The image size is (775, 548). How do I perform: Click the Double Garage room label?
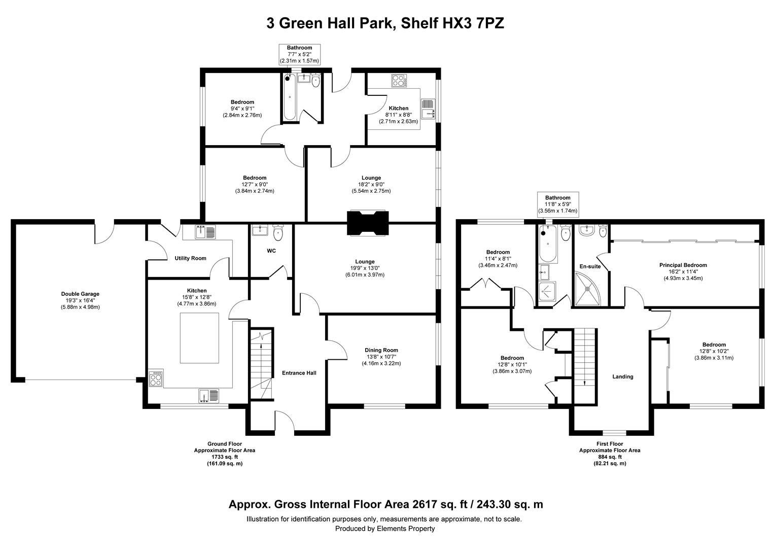pyautogui.click(x=80, y=294)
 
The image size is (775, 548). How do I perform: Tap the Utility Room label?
pyautogui.click(x=190, y=258)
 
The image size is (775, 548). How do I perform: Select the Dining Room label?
pyautogui.click(x=381, y=350)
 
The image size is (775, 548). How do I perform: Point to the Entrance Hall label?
pyautogui.click(x=299, y=373)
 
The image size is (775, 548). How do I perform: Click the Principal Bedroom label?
pyautogui.click(x=683, y=265)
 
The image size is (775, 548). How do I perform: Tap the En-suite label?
pyautogui.click(x=590, y=266)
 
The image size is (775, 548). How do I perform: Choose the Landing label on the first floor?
pyautogui.click(x=623, y=376)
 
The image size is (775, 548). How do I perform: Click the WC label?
pyautogui.click(x=271, y=251)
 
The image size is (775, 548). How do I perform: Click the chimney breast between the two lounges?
pyautogui.click(x=368, y=223)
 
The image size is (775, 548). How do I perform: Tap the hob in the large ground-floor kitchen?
pyautogui.click(x=156, y=378)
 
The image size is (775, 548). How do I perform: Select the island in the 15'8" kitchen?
pyautogui.click(x=199, y=338)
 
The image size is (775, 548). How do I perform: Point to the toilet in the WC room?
pyautogui.click(x=278, y=232)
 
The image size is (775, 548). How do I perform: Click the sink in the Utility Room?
pyautogui.click(x=205, y=232)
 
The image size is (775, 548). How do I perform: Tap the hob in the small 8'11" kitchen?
pyautogui.click(x=399, y=81)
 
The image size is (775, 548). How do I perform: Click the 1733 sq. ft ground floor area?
pyautogui.click(x=225, y=457)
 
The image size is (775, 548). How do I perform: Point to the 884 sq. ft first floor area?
pyautogui.click(x=610, y=457)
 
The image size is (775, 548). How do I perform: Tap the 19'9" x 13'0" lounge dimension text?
pyautogui.click(x=365, y=268)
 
